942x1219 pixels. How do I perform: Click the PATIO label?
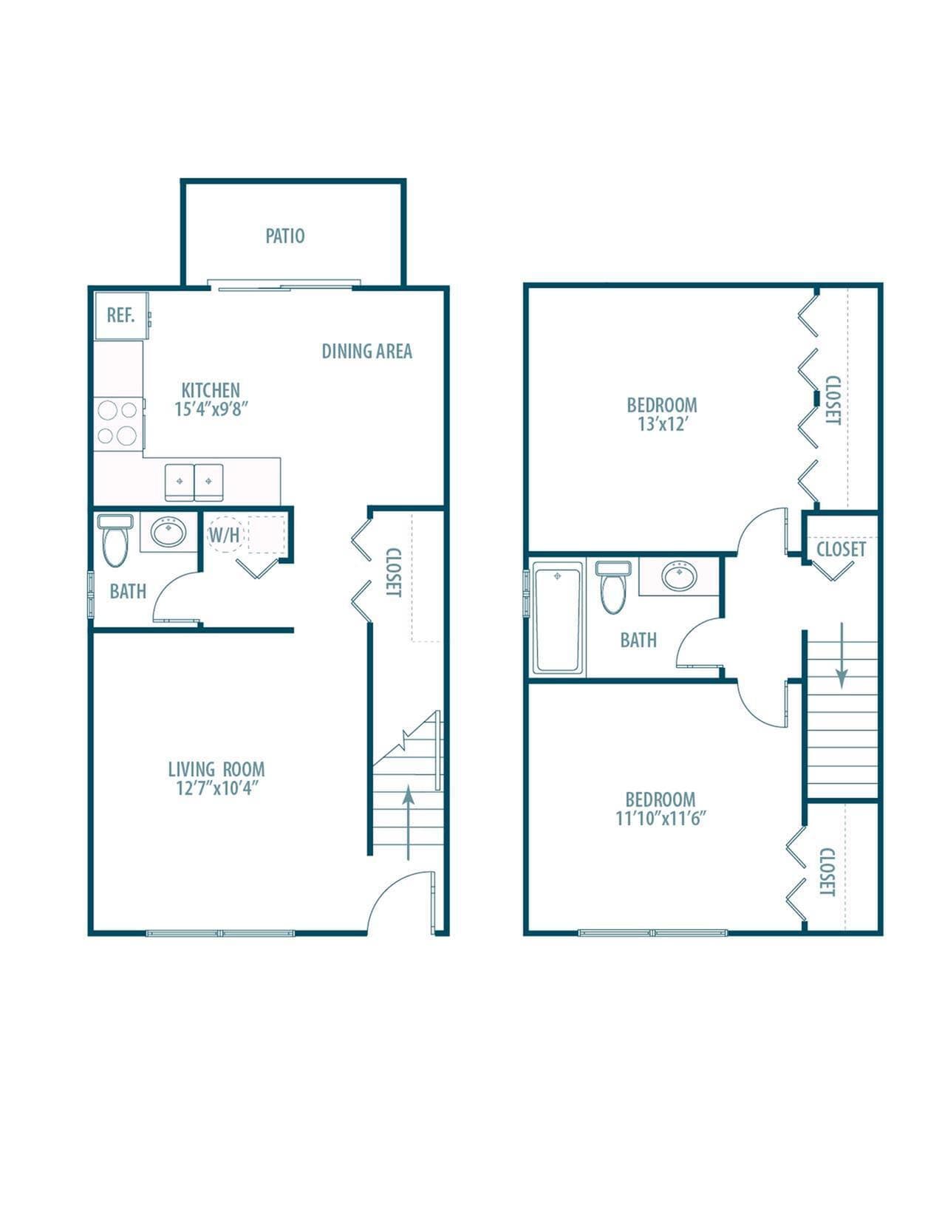click(x=285, y=236)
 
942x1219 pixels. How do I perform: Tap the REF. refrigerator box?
click(x=121, y=315)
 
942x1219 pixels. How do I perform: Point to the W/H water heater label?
click(x=224, y=535)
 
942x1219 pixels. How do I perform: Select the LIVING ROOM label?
click(x=216, y=769)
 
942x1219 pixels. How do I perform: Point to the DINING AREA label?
click(x=366, y=352)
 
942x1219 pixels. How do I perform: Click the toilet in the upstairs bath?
click(x=612, y=587)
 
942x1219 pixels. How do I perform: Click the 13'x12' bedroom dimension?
click(x=662, y=424)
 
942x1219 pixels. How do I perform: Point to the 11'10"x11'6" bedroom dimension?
click(x=661, y=819)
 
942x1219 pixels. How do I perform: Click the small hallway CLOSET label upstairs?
click(x=841, y=549)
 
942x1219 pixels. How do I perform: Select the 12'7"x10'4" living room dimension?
click(x=216, y=788)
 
